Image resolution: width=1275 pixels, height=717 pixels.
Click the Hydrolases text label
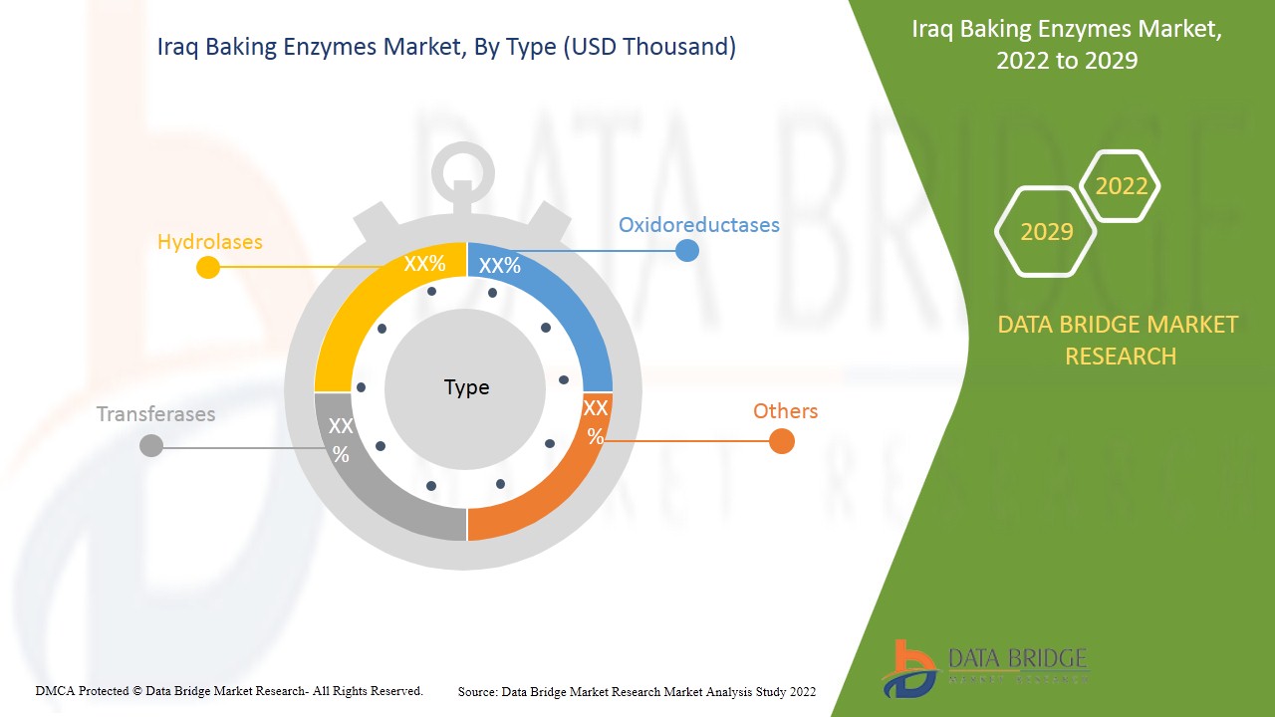tap(210, 242)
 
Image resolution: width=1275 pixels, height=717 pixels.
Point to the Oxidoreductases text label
tap(698, 225)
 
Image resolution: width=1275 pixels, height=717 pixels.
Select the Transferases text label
tap(155, 414)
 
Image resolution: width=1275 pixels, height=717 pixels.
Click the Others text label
tap(785, 411)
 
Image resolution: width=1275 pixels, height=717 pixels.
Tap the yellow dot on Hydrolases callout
tap(207, 267)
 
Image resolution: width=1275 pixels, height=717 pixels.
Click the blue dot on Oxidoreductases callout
tap(686, 250)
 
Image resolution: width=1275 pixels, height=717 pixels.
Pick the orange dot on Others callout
tap(782, 441)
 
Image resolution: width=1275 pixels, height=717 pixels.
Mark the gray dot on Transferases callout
tap(151, 445)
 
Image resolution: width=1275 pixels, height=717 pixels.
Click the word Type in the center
tap(466, 387)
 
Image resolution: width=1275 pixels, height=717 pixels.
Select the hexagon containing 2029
tap(1046, 232)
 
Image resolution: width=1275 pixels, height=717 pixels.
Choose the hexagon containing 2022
tap(1121, 186)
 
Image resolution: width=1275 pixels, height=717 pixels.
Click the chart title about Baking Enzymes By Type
tap(446, 47)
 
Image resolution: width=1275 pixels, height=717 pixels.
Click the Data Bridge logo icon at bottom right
tap(909, 667)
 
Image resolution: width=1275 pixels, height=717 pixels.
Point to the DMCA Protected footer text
tap(229, 690)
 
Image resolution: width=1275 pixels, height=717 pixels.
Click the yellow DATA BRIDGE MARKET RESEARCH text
tap(1118, 340)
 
